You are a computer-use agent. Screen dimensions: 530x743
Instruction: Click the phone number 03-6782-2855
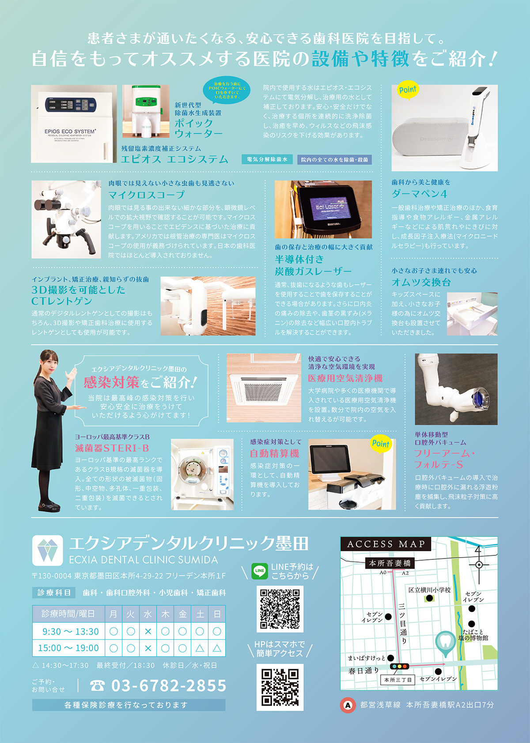point(169,686)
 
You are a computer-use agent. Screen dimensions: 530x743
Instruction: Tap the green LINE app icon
point(260,571)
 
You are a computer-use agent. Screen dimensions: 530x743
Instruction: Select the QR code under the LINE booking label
point(280,609)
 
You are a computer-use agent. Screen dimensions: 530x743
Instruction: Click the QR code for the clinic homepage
point(280,687)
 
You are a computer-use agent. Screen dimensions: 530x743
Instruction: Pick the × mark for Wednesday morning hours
point(148,631)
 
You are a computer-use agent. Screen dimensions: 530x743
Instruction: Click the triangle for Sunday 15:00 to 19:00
point(217,648)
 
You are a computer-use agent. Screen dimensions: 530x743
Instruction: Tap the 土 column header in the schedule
point(200,614)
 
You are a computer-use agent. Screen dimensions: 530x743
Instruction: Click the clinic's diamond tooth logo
point(47,550)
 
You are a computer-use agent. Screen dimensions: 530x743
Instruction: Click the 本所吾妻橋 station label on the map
point(390,563)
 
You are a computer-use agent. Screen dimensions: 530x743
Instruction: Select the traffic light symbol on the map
point(400,666)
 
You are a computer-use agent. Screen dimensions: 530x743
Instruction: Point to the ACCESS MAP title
point(386,544)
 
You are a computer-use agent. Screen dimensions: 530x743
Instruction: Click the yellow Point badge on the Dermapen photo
point(408,90)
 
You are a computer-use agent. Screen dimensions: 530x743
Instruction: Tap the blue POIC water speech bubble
point(226,90)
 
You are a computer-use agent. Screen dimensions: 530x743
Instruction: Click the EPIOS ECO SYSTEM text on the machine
point(70,132)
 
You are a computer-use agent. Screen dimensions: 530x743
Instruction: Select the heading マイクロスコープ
point(146,195)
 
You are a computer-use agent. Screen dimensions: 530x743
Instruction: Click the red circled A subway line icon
point(348,705)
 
